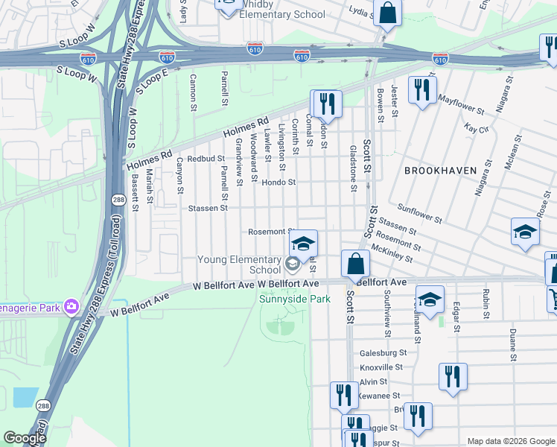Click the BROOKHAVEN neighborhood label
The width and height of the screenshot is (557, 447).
tap(440, 171)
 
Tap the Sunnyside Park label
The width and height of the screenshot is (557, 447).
tap(294, 299)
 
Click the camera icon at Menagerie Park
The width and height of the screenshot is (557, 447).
tap(71, 306)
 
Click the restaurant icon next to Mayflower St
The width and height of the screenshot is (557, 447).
tap(422, 91)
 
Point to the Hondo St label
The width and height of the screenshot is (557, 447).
tap(279, 182)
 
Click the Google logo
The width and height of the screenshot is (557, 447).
tap(25, 438)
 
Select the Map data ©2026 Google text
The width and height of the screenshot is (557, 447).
tap(510, 441)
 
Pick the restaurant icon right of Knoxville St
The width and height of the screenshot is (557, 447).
tap(452, 376)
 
